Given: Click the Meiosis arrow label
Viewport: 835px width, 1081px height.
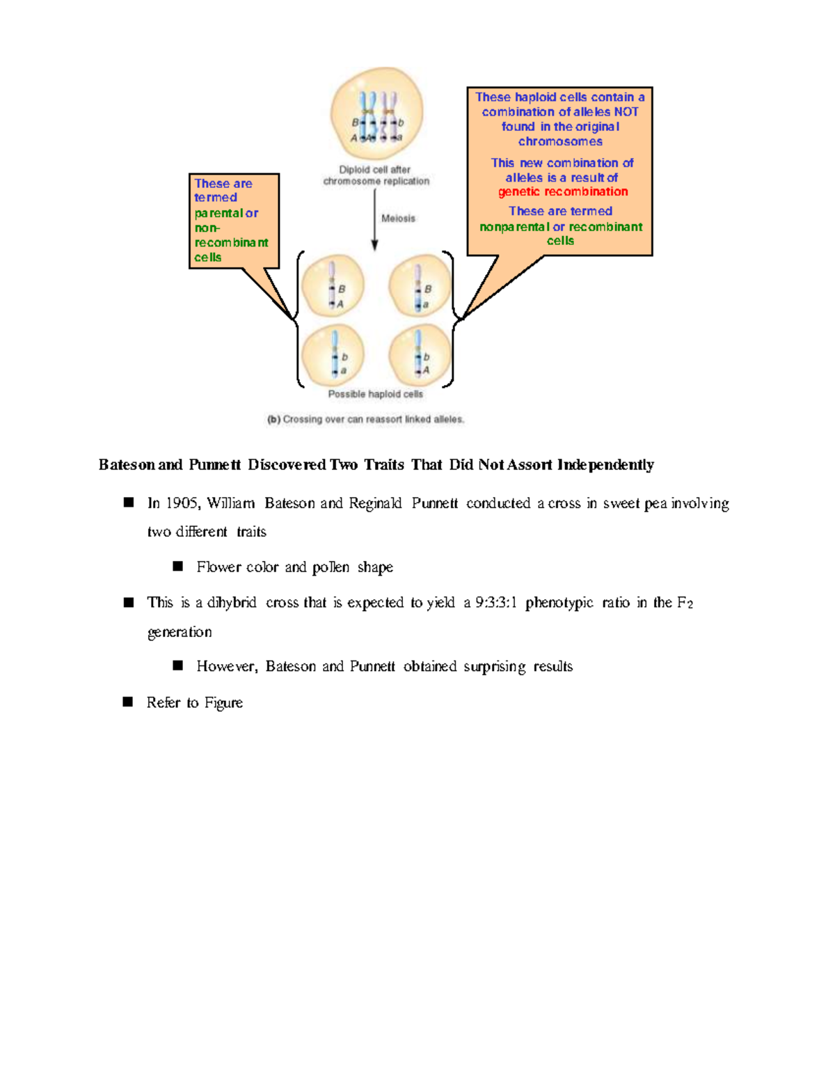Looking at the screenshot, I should click(398, 219).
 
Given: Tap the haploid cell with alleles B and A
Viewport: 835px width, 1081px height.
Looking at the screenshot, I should click(333, 286).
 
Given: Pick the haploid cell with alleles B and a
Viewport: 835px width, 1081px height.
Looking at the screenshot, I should click(420, 286).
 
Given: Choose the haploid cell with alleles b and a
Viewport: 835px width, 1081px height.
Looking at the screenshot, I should click(333, 355).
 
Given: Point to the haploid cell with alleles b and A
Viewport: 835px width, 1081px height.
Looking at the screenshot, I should click(420, 355).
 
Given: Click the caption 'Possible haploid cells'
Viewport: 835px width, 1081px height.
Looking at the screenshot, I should click(376, 394).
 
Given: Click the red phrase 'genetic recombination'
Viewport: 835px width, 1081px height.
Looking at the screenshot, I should click(563, 191).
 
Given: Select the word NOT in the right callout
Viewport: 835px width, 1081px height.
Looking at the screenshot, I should click(626, 112).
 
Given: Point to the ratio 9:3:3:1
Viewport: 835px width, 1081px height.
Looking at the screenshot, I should click(495, 603).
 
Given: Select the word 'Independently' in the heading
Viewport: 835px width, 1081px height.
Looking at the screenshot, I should click(605, 464).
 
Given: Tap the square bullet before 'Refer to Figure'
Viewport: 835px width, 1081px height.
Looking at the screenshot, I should click(128, 702).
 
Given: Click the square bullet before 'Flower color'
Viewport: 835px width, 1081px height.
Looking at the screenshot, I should click(178, 566).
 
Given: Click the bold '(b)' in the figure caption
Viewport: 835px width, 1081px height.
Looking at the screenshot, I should click(273, 420).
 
